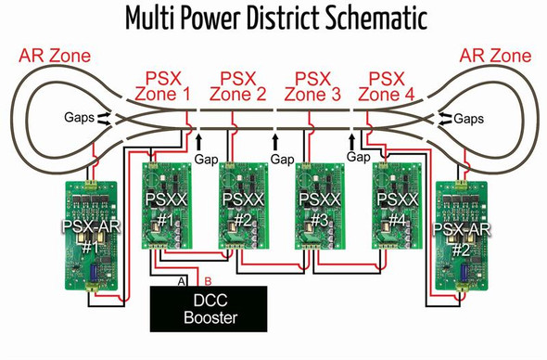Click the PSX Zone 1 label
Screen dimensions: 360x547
163,84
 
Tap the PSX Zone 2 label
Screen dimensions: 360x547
237,84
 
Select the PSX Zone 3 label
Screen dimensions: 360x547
312,84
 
